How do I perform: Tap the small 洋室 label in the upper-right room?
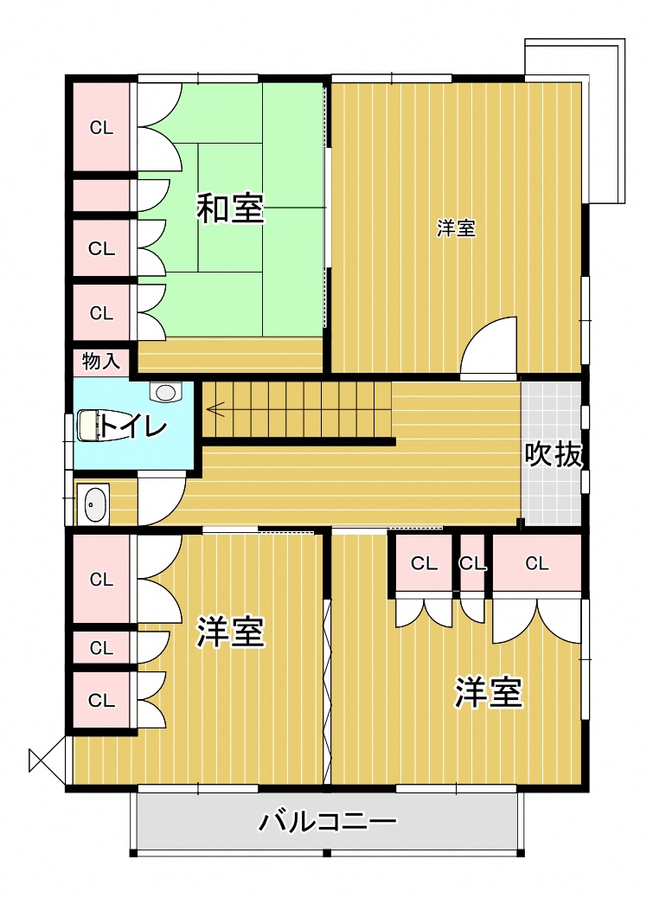[456, 228]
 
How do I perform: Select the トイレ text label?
[133, 427]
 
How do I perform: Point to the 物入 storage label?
[101, 362]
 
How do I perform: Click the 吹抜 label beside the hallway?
[553, 455]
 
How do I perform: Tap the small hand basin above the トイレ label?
[165, 392]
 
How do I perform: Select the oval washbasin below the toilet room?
[93, 504]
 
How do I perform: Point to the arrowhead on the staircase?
[214, 409]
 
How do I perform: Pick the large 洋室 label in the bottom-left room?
[230, 632]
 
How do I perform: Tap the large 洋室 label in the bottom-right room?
[488, 692]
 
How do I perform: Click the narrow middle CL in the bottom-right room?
[473, 564]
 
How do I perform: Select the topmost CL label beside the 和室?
[101, 128]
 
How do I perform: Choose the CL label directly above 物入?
[101, 313]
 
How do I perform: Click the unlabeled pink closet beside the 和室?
[101, 196]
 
